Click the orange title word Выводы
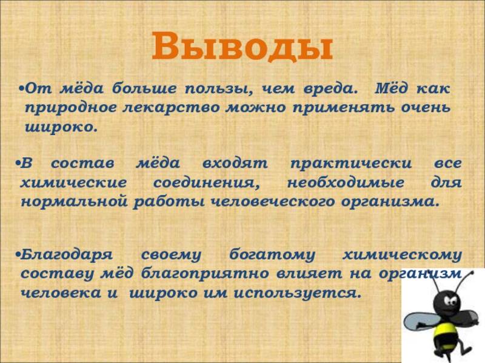(x=242, y=47)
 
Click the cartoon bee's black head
(x=449, y=299)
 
